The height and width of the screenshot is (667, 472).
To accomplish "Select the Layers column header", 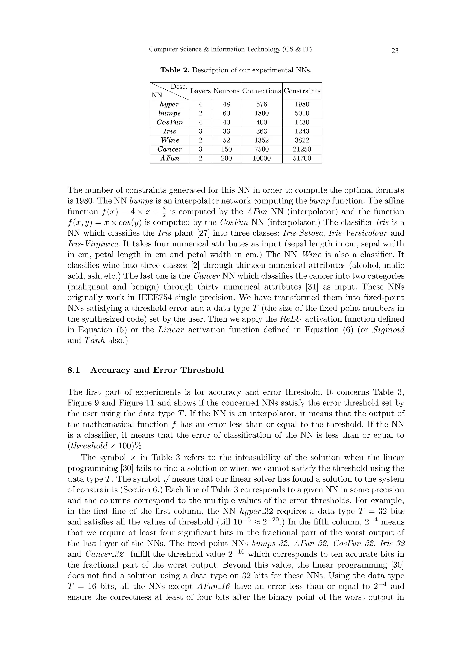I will pos(200,91).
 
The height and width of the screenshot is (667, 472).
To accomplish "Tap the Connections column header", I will pos(261,91).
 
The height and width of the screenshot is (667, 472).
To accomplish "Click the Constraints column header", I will pos(302,91).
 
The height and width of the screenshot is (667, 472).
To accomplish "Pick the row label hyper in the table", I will pos(169,104).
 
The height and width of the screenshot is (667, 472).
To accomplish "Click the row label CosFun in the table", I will pos(169,122).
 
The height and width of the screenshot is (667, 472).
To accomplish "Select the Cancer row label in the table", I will pos(169,149).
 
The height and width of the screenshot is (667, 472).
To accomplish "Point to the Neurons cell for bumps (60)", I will pos(226,113).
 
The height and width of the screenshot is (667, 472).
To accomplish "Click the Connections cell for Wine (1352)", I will pos(261,140).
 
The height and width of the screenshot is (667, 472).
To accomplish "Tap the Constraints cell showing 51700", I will pos(302,158).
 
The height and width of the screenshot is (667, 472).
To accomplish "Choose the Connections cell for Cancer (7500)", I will pos(261,149).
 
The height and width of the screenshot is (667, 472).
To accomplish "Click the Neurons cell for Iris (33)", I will pos(226,131).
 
